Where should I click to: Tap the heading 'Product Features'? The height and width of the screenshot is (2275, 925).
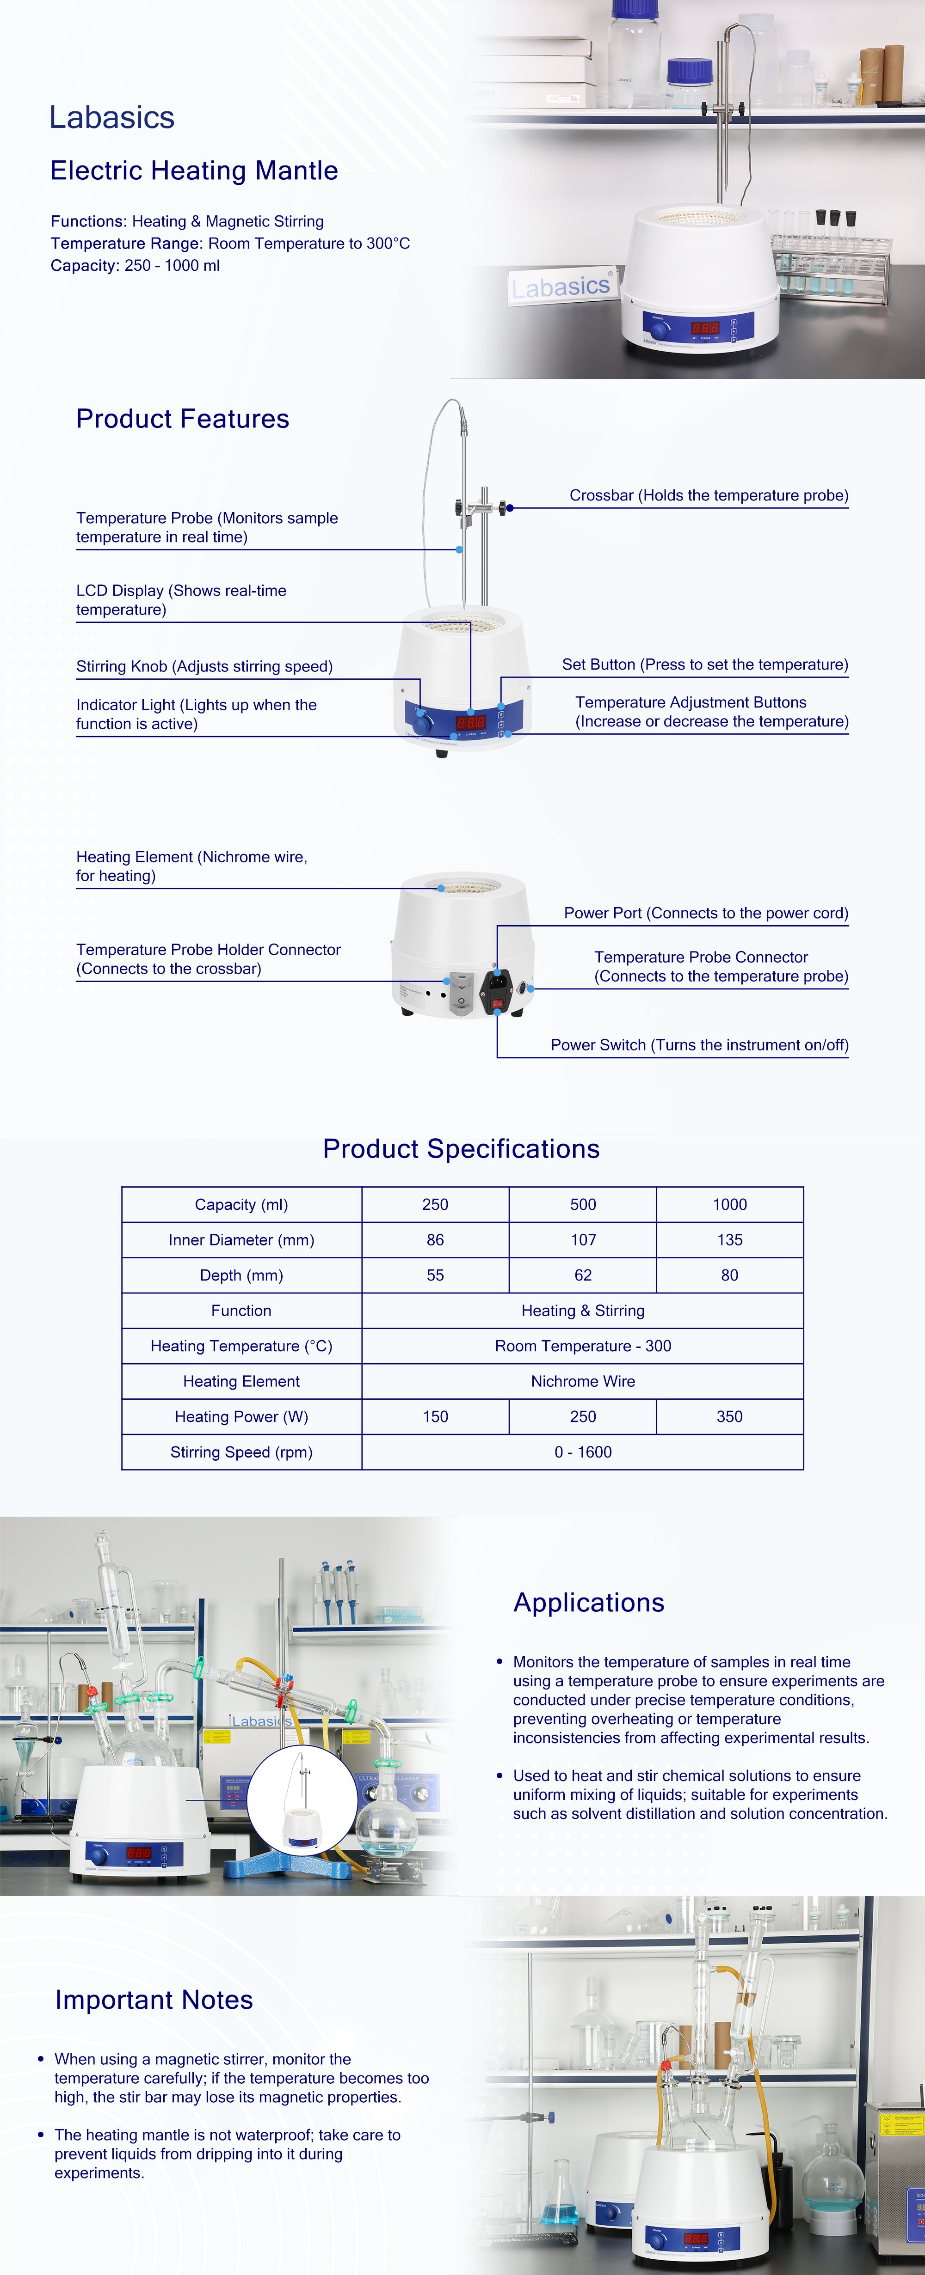pyautogui.click(x=182, y=419)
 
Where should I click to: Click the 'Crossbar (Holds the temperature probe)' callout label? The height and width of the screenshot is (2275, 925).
pyautogui.click(x=709, y=495)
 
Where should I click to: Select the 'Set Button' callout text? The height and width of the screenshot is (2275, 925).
pyautogui.click(x=704, y=664)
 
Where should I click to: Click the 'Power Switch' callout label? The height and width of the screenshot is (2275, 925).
pyautogui.click(x=699, y=1045)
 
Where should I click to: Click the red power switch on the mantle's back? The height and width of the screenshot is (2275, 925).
pyautogui.click(x=497, y=1003)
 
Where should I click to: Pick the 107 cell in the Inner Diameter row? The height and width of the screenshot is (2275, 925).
pyautogui.click(x=582, y=1240)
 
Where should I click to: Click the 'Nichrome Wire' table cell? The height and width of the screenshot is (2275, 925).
pyautogui.click(x=582, y=1381)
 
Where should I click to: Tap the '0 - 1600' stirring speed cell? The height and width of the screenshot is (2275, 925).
pyautogui.click(x=582, y=1452)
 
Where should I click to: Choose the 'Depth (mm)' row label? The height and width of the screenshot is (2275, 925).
pyautogui.click(x=241, y=1275)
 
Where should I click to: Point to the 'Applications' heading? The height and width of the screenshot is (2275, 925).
pyautogui.click(x=588, y=1603)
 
